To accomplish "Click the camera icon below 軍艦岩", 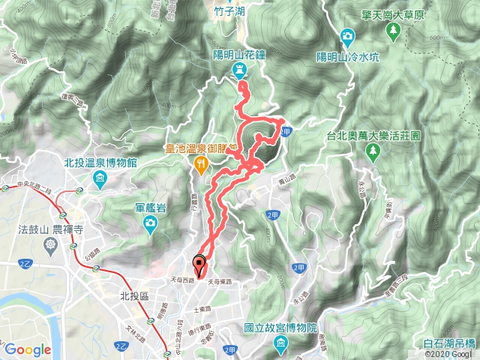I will pos(151,223).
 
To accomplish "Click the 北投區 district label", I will pos(136,296).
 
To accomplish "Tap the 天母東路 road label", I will pos(221,282).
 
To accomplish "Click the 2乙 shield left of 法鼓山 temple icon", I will pos(26,264).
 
